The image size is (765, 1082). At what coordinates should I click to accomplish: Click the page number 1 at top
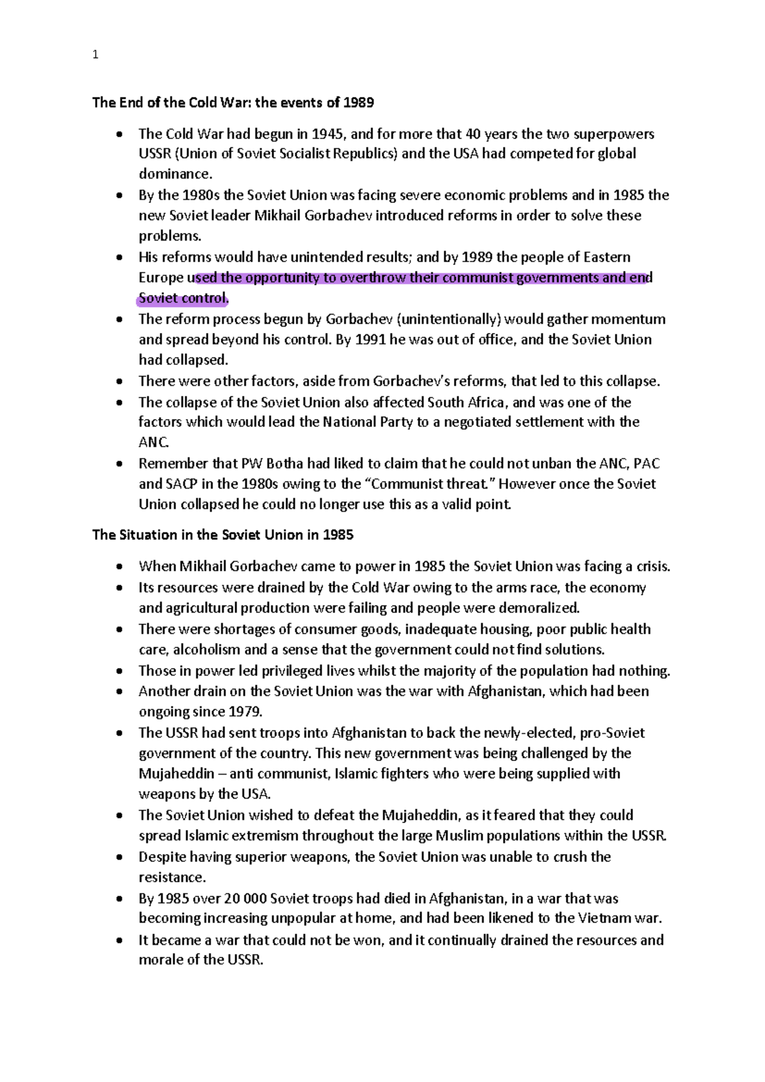pyautogui.click(x=95, y=55)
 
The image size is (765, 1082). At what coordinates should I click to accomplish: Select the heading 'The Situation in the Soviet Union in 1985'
pyautogui.click(x=222, y=535)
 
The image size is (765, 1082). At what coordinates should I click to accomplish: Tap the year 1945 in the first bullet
pyautogui.click(x=328, y=134)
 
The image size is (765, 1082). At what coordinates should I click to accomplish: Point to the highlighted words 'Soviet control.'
pyautogui.click(x=183, y=298)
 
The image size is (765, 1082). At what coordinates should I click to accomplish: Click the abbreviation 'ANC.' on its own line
pyautogui.click(x=154, y=442)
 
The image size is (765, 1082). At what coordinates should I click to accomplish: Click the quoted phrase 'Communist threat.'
pyautogui.click(x=433, y=484)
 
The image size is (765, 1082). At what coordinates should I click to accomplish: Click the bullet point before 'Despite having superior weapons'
pyautogui.click(x=119, y=857)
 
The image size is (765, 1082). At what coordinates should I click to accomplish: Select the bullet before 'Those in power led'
pyautogui.click(x=119, y=671)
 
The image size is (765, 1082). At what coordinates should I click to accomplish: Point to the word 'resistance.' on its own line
pyautogui.click(x=172, y=877)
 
